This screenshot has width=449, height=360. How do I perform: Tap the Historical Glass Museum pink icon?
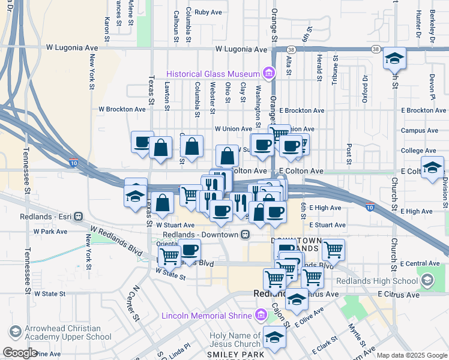269,74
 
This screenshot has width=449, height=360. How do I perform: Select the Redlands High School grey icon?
427,280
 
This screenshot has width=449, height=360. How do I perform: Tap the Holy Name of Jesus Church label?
235,340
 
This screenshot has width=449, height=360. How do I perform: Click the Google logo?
19,353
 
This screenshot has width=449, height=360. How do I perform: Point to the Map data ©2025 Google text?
411,355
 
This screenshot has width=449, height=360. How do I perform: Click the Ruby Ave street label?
209,12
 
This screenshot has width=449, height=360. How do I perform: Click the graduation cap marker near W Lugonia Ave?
394,58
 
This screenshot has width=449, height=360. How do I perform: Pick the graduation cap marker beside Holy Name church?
274,337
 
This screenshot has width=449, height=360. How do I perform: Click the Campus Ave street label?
419,130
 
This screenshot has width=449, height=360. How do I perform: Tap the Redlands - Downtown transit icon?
245,234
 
